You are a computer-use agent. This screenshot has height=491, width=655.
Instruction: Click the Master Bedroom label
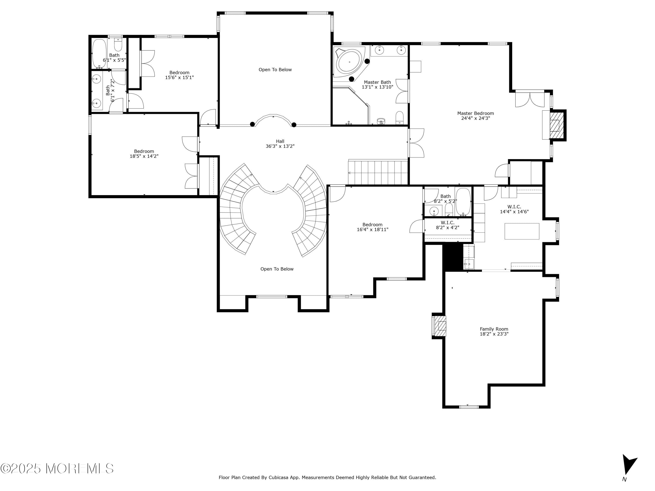tap(475, 116)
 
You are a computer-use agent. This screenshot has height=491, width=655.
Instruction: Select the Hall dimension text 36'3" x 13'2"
tap(280, 146)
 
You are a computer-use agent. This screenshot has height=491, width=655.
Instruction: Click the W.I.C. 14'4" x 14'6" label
tap(514, 209)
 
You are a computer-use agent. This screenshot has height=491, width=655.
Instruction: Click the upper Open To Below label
tap(275, 70)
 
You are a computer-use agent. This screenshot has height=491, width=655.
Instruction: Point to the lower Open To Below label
tap(277, 269)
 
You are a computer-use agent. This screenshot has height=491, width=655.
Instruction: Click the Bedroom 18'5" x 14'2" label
tap(144, 154)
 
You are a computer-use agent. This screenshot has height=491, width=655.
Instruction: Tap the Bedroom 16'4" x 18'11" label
tap(372, 227)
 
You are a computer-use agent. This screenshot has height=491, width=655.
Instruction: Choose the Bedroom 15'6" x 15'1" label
tap(179, 75)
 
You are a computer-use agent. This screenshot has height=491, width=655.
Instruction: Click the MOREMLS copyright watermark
tap(57, 469)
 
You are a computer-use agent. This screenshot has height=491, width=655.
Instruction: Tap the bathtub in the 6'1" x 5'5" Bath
tap(99, 53)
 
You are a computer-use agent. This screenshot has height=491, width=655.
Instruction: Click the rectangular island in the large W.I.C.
tap(522, 231)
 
